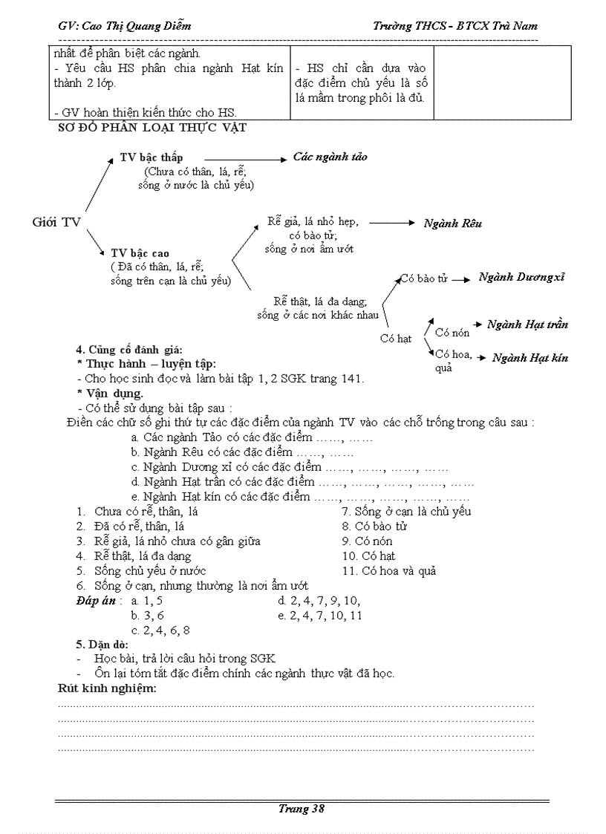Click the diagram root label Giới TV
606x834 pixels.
click(x=56, y=221)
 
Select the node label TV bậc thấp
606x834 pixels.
click(x=151, y=157)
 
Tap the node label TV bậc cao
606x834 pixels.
click(x=140, y=253)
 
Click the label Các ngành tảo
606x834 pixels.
click(x=330, y=157)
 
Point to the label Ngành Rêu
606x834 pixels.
click(x=452, y=223)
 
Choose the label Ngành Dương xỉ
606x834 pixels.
click(x=521, y=277)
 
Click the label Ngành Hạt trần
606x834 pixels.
click(x=527, y=324)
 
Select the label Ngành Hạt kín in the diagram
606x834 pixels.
click(x=530, y=357)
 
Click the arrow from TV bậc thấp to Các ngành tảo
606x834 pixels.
click(x=244, y=158)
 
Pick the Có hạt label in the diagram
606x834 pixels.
click(x=395, y=339)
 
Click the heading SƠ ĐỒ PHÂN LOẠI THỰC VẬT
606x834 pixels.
click(x=152, y=128)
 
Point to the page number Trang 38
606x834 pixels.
click(x=302, y=809)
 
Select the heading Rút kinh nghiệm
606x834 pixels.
click(x=107, y=688)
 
